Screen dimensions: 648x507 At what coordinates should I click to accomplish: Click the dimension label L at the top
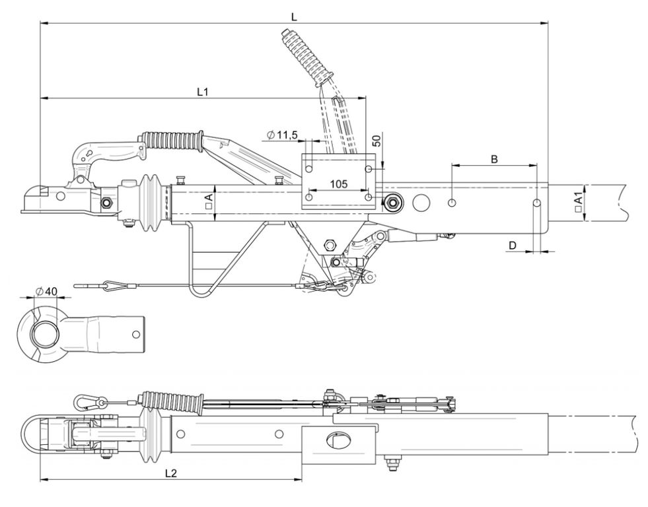[294, 17]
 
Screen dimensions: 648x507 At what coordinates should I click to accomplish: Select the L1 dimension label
[202, 92]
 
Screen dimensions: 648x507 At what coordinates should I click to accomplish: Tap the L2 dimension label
[170, 473]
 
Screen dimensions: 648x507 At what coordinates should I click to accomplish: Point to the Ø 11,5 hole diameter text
[283, 135]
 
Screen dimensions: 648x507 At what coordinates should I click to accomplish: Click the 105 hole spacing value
[339, 184]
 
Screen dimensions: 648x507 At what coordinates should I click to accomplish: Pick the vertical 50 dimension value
[377, 141]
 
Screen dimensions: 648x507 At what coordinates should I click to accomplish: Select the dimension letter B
[494, 159]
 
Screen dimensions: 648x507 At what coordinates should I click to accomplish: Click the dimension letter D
[513, 246]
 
